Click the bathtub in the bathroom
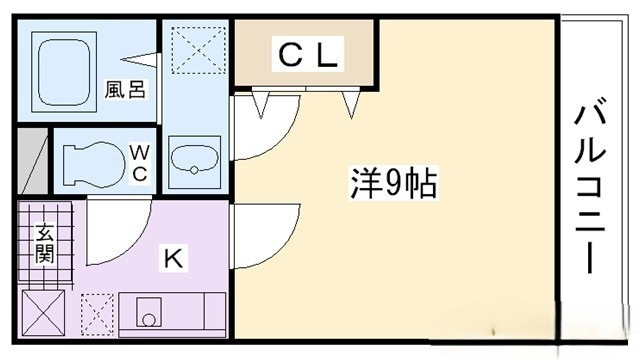[x=64, y=72]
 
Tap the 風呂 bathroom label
[x=125, y=90]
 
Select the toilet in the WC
[x=94, y=164]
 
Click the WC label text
[x=140, y=163]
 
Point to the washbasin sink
[x=195, y=160]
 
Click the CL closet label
[x=308, y=55]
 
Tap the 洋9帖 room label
[x=393, y=182]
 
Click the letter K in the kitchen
[x=173, y=258]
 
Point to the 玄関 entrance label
[x=44, y=243]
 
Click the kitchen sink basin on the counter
[x=149, y=312]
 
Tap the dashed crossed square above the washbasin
[x=198, y=50]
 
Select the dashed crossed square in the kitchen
[x=97, y=314]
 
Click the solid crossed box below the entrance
[x=43, y=312]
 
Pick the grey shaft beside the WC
[x=33, y=161]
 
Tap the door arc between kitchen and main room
[x=286, y=245]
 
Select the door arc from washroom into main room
[x=285, y=136]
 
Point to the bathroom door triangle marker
[x=138, y=60]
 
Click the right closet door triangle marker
[x=351, y=104]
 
